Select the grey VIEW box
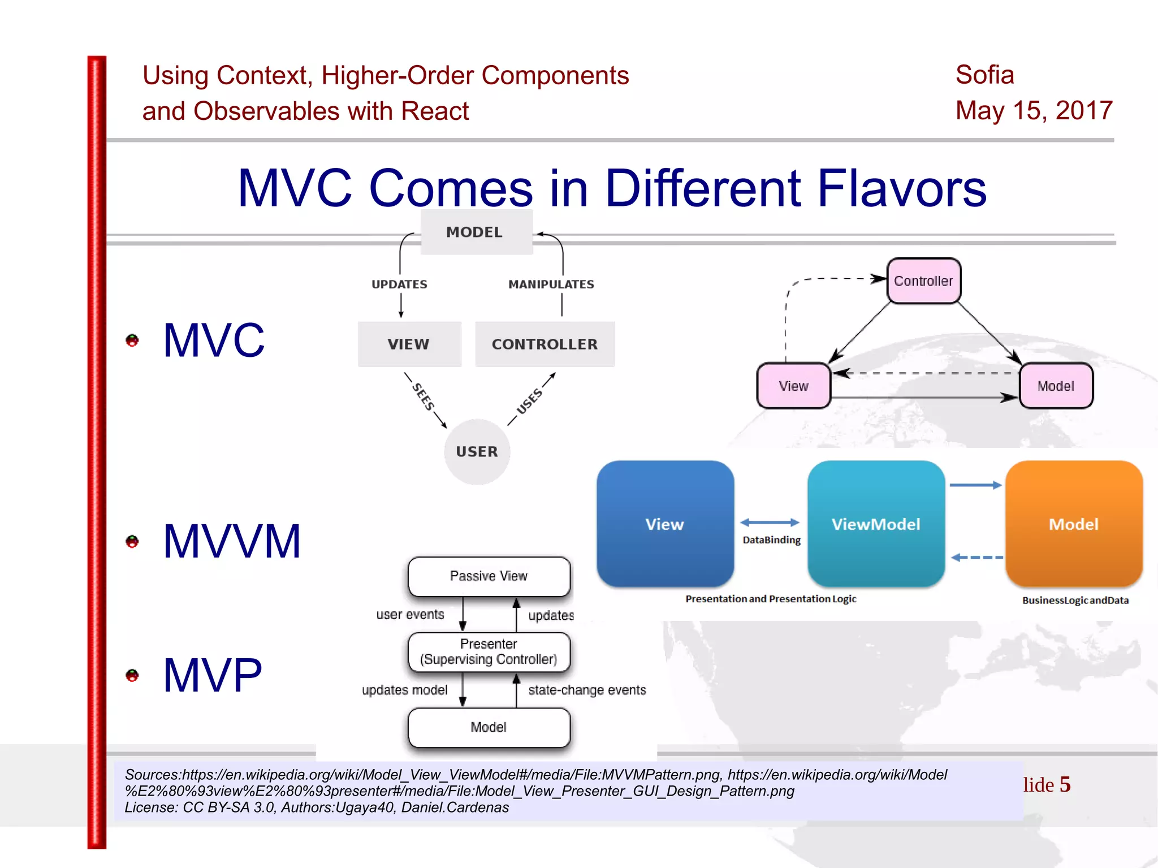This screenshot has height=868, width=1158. coord(409,344)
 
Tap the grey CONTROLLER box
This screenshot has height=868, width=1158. coord(545,344)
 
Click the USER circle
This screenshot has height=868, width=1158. coord(477,452)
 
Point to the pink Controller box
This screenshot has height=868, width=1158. coord(923,281)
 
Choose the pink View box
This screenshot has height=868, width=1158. coord(793,386)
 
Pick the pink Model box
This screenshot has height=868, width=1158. coord(1056,386)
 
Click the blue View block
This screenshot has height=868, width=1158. coord(665,524)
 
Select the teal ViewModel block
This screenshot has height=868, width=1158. coord(876,524)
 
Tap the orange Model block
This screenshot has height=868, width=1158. coord(1074,524)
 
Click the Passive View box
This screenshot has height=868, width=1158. coord(489,576)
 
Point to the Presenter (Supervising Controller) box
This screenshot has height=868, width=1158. coord(489,651)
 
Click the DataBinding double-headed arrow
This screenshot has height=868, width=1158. coord(770,522)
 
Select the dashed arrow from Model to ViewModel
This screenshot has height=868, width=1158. coord(976,558)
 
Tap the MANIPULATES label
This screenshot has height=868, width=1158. coord(551,284)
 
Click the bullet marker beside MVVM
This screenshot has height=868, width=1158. coord(132,541)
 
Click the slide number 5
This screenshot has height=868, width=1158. coord(1065,784)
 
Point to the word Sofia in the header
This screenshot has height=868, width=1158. coord(984,75)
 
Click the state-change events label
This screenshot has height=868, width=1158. coord(587,690)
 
